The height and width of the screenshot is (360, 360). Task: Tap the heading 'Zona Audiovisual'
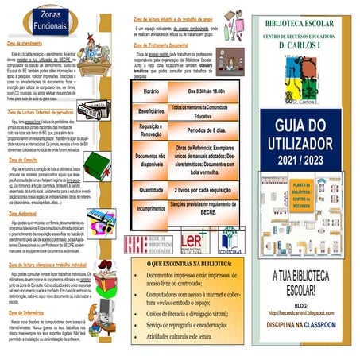(x=27, y=212)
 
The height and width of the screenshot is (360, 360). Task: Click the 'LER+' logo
(x=193, y=241)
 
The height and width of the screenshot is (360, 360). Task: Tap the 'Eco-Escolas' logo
(x=231, y=241)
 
